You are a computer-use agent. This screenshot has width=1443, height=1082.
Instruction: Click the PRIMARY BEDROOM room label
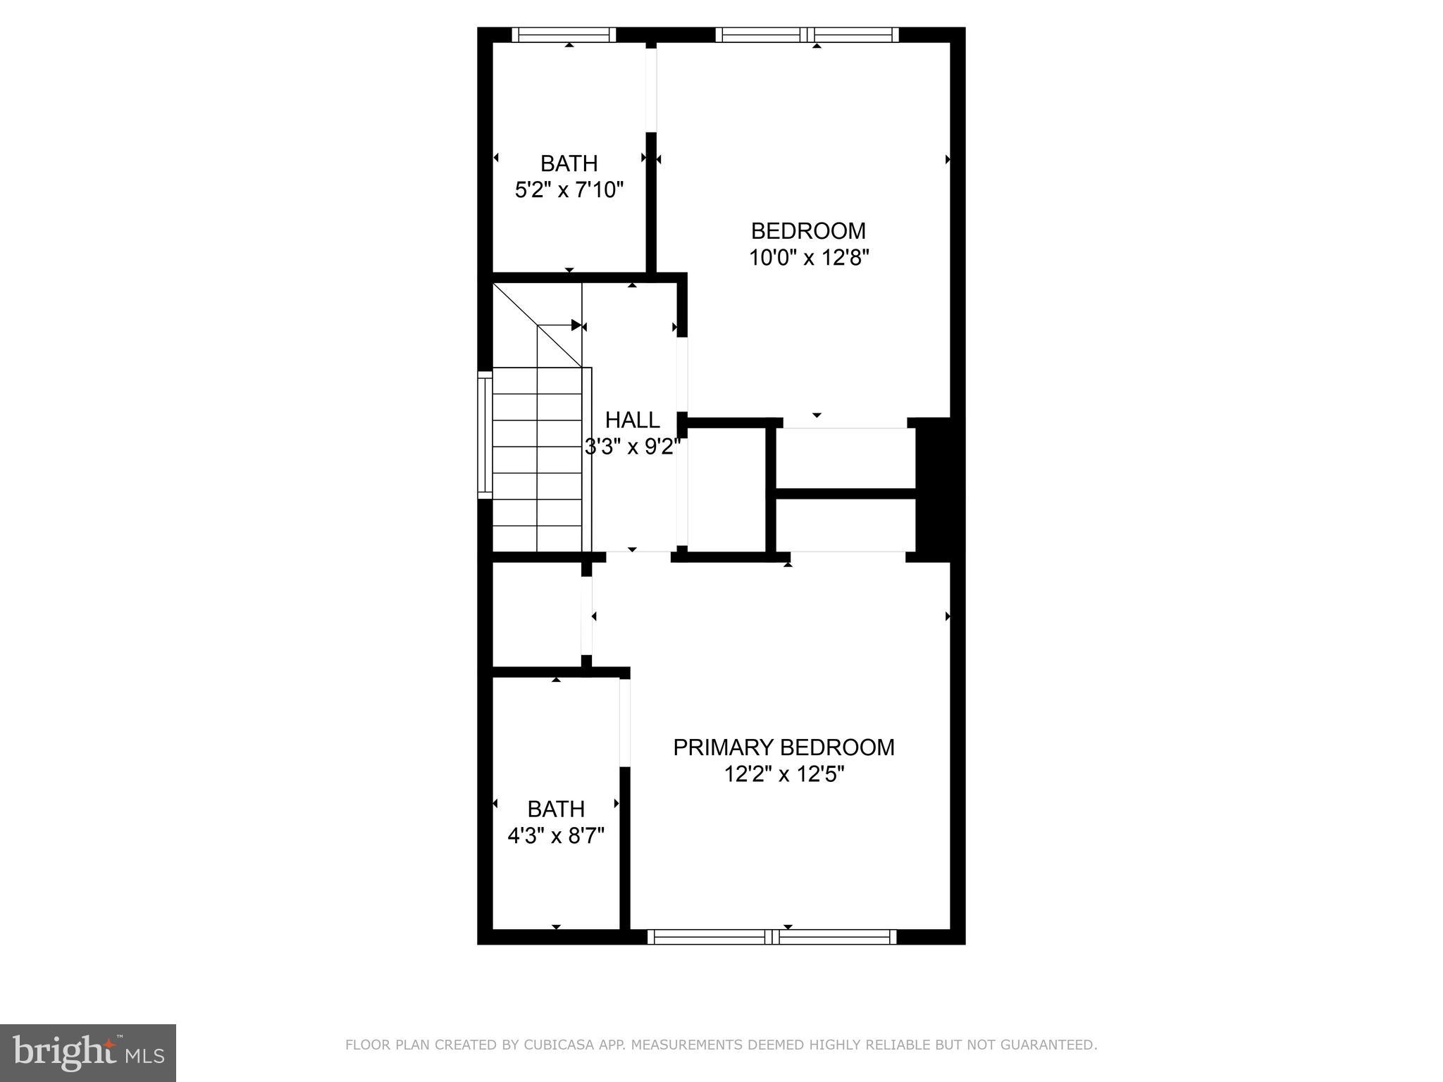pos(784,747)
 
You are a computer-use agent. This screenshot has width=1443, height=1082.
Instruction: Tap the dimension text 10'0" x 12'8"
pos(808,258)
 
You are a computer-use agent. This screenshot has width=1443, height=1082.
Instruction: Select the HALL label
pos(632,420)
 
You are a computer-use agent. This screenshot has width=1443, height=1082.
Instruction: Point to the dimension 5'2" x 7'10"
pos(569,190)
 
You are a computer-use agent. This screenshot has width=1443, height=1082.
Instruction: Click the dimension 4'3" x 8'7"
pos(556,836)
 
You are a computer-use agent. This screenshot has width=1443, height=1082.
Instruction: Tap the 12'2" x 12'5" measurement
pos(784,775)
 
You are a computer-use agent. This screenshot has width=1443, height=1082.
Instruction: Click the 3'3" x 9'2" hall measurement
pos(632,447)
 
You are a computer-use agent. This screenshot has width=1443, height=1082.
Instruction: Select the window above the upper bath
pos(563,35)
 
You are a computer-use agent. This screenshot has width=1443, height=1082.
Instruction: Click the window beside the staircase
pos(485,435)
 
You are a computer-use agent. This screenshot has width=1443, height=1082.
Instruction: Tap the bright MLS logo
pos(88,1052)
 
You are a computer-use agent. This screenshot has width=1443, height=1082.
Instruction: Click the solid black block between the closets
pos(933,490)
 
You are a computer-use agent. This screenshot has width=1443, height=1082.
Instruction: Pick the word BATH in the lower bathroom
pos(556,809)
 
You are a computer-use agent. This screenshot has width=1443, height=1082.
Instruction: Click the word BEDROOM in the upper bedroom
pos(808,231)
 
